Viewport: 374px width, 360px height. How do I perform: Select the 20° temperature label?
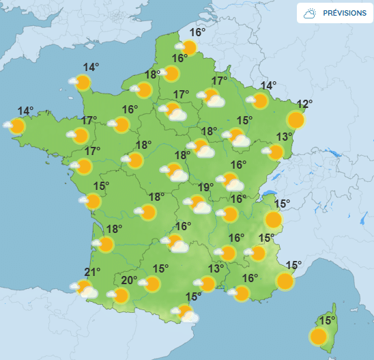(130, 279)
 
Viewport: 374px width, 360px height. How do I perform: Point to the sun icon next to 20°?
(120, 295)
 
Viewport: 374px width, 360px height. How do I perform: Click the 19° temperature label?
(206, 188)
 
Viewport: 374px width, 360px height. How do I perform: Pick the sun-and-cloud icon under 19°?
(199, 204)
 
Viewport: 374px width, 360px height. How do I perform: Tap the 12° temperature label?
(304, 105)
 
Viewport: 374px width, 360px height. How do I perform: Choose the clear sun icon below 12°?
(296, 120)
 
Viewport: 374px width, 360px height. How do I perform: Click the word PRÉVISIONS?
(344, 13)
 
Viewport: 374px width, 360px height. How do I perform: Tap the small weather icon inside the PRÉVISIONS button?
(311, 13)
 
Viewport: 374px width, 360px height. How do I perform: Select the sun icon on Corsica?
(318, 336)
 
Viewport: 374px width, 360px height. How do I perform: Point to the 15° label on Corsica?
(328, 320)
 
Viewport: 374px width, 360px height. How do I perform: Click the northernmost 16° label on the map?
(197, 32)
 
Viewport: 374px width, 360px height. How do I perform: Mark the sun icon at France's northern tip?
(188, 47)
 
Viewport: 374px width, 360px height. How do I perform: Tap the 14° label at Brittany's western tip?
(26, 111)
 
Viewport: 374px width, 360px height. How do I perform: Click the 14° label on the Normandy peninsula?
(91, 67)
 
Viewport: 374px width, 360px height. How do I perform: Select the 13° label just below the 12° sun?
(284, 136)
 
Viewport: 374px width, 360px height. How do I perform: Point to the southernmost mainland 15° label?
(193, 296)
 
